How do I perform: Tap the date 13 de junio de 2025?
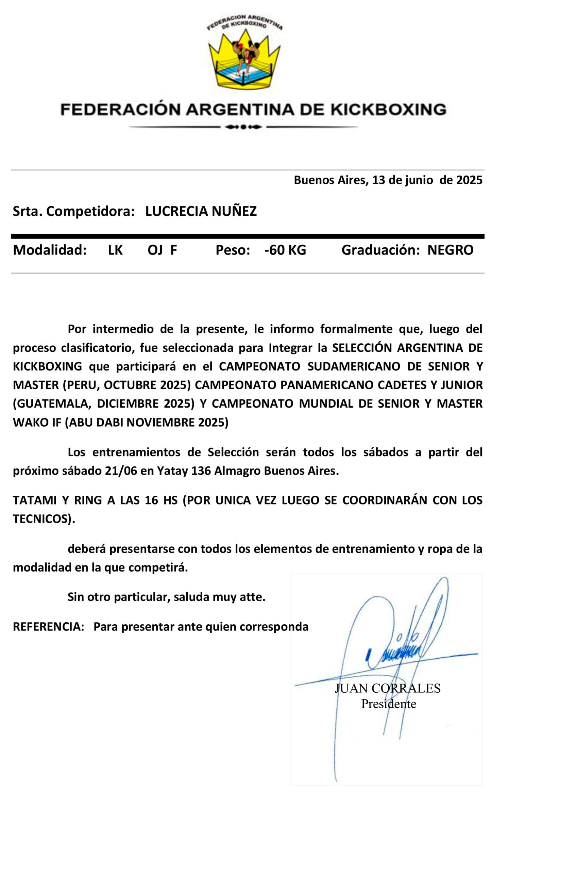[x=427, y=180]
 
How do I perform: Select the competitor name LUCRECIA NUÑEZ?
[x=201, y=211]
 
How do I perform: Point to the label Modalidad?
[x=50, y=250]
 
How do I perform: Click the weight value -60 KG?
[x=285, y=250]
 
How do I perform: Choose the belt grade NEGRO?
[x=451, y=250]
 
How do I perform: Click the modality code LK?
[x=115, y=250]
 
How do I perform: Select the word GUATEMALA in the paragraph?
[x=52, y=404]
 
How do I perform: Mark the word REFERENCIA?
[x=49, y=627]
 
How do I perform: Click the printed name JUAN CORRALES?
[x=388, y=688]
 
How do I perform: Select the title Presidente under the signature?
[x=389, y=704]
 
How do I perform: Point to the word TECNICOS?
[x=41, y=519]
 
